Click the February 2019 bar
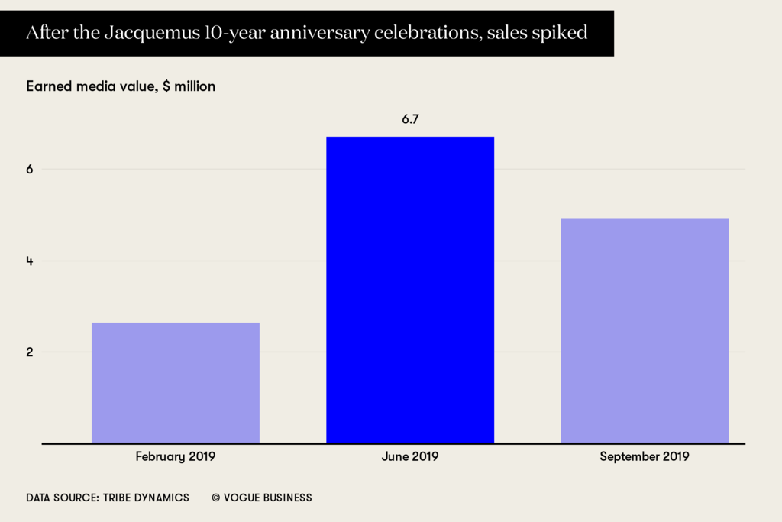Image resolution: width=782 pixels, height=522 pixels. click(x=175, y=382)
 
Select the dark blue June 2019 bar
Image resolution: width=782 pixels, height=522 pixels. click(x=410, y=290)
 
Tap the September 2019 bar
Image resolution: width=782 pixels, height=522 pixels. click(x=645, y=330)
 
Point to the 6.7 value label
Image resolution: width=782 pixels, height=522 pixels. click(x=410, y=120)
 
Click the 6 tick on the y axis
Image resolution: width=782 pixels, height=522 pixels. click(x=29, y=170)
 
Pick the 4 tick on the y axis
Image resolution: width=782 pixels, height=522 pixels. click(x=29, y=261)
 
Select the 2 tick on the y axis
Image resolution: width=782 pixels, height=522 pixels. click(x=29, y=352)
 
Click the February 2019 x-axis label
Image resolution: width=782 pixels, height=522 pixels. click(x=175, y=457)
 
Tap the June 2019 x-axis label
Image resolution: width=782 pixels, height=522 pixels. click(x=410, y=457)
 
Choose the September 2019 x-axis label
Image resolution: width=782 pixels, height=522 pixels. click(x=645, y=457)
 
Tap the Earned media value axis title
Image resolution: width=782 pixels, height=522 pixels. click(x=92, y=86)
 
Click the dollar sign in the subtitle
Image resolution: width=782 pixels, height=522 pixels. click(x=166, y=86)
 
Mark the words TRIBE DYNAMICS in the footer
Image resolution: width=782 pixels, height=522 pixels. click(x=144, y=498)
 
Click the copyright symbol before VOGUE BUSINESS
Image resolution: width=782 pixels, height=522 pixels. click(x=216, y=498)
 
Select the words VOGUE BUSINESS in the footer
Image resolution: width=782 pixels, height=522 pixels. click(x=268, y=498)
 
